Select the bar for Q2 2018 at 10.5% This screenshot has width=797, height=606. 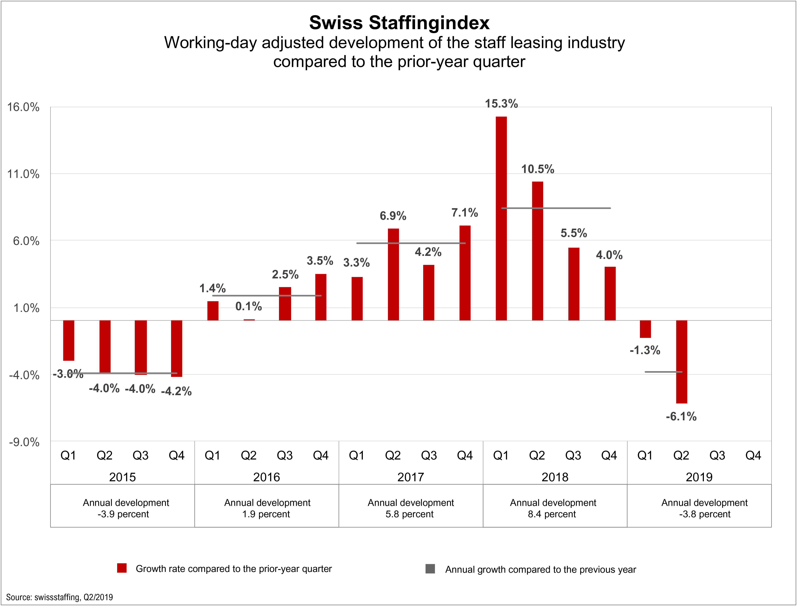[537, 251]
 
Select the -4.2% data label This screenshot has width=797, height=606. [176, 391]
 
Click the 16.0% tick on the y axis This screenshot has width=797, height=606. [23, 107]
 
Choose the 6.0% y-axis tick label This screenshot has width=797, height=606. [26, 241]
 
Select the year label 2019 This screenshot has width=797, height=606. [699, 477]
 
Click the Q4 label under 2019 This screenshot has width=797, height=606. [753, 456]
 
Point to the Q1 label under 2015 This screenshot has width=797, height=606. [68, 456]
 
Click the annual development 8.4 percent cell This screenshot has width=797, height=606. [553, 508]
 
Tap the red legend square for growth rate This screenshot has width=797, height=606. [122, 568]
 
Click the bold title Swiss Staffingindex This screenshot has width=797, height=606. [399, 23]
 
